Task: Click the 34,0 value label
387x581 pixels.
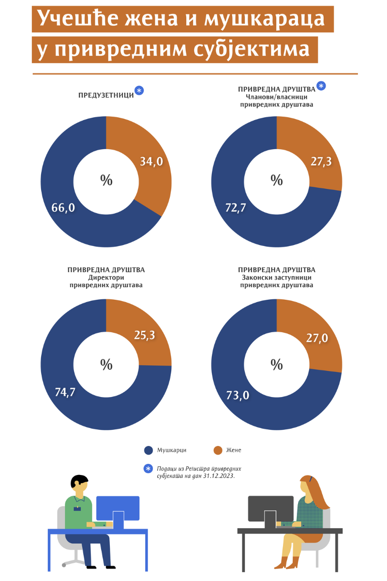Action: point(151,162)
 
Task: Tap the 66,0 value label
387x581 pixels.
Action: point(63,208)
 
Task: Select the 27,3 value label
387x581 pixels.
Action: point(321,162)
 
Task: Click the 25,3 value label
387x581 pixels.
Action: point(144,335)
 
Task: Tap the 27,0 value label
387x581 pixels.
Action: point(317,337)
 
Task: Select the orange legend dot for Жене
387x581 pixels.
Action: point(218,450)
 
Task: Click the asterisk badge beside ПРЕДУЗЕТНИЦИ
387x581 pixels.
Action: point(139,91)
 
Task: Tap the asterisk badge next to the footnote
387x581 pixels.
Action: point(149,469)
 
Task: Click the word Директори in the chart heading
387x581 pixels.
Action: point(106,278)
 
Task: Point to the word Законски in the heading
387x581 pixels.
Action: point(260,278)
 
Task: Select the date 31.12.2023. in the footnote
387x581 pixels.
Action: point(219,476)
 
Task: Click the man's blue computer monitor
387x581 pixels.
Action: point(118,508)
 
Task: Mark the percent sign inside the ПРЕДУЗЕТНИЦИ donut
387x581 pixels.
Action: point(106,180)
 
